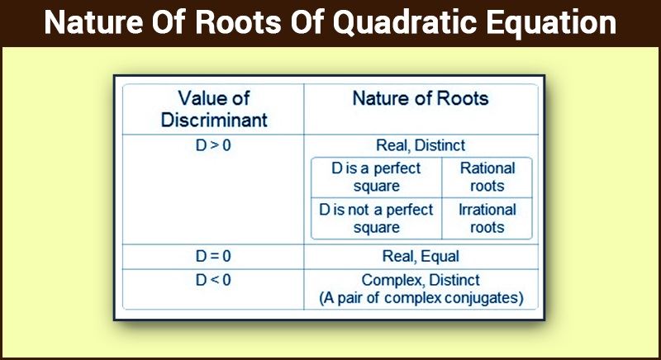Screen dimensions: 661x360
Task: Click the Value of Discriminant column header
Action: (x=214, y=109)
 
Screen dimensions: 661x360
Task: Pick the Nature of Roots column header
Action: (x=421, y=98)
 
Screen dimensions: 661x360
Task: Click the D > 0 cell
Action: (x=213, y=145)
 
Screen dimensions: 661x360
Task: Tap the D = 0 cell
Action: (x=213, y=257)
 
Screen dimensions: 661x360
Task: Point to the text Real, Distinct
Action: (x=421, y=145)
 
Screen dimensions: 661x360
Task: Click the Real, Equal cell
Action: (x=421, y=257)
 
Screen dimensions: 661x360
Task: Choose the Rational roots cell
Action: (x=487, y=178)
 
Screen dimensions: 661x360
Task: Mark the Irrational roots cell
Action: (x=487, y=219)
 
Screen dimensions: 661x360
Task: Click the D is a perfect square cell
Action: (x=376, y=178)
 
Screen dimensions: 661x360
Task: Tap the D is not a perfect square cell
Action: (x=376, y=219)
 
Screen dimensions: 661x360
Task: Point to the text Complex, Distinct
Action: (x=421, y=281)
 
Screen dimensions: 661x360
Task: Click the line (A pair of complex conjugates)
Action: (x=421, y=298)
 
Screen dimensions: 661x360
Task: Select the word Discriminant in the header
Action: (x=214, y=120)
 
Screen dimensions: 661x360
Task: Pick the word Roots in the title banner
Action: (x=238, y=22)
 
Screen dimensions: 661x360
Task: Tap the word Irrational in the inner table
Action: (x=487, y=210)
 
